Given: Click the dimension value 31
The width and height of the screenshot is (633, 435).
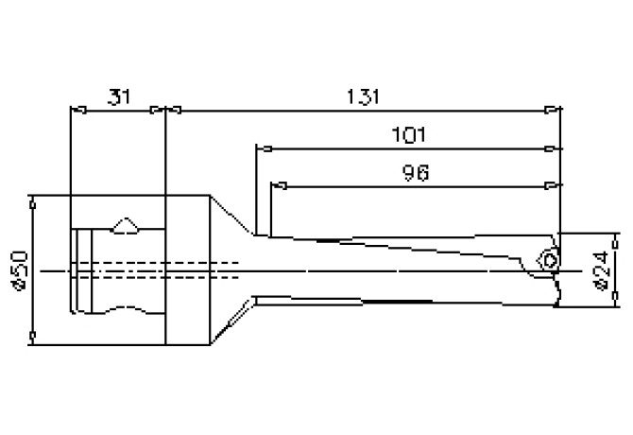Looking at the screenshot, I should coord(119,96).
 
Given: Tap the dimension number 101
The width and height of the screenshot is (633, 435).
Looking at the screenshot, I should coord(408,134).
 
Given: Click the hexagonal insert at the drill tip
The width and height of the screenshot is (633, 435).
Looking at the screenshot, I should coord(547,259).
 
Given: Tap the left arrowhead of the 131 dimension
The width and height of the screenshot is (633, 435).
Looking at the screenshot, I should coord(176,111).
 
